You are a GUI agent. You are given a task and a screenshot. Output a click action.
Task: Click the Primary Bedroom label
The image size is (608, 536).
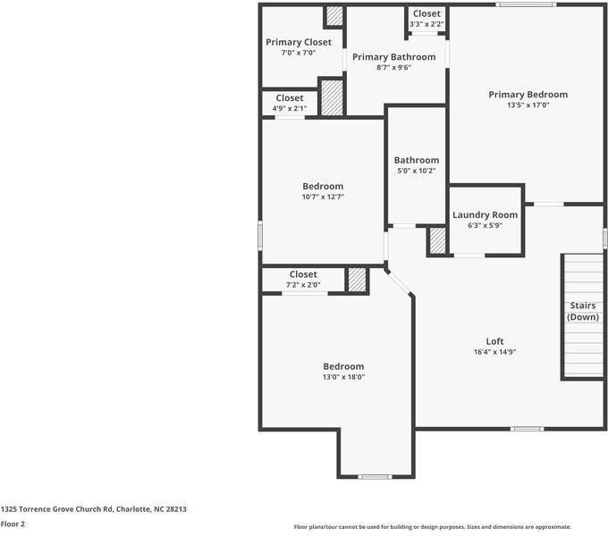click(x=528, y=94)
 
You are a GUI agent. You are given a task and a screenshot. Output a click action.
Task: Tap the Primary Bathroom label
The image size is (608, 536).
click(x=393, y=57)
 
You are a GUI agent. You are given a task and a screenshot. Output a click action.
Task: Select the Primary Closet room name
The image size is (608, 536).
click(x=299, y=42)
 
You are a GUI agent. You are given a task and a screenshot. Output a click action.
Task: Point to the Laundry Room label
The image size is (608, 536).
click(x=485, y=214)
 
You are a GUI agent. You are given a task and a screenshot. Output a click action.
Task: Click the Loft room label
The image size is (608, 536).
click(x=494, y=341)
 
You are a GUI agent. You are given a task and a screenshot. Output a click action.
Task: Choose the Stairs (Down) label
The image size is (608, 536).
click(x=583, y=311)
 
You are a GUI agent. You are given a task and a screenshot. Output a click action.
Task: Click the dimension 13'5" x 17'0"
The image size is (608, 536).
click(x=528, y=105)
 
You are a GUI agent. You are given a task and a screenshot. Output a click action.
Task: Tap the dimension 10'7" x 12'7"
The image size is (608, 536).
click(x=323, y=197)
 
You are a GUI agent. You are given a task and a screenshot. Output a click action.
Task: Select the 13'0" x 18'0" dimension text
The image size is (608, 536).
click(x=343, y=377)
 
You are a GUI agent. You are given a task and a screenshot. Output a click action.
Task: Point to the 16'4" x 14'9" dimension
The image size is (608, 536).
click(x=494, y=352)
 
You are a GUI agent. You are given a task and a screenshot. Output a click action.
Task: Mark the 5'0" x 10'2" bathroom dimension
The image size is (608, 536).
click(x=417, y=171)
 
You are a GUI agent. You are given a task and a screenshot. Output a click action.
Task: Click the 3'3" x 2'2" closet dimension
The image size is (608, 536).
click(x=426, y=24)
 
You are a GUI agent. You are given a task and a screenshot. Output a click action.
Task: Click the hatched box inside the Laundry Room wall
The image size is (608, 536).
click(x=437, y=241)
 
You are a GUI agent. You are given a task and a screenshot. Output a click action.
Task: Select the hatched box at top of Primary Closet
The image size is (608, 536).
click(x=334, y=16)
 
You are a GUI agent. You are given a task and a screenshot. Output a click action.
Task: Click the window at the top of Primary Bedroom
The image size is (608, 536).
click(x=526, y=5)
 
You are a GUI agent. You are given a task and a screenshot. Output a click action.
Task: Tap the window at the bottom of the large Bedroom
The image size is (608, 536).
click(x=375, y=477)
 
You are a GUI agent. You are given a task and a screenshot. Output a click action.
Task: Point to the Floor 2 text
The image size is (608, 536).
click(x=13, y=524)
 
